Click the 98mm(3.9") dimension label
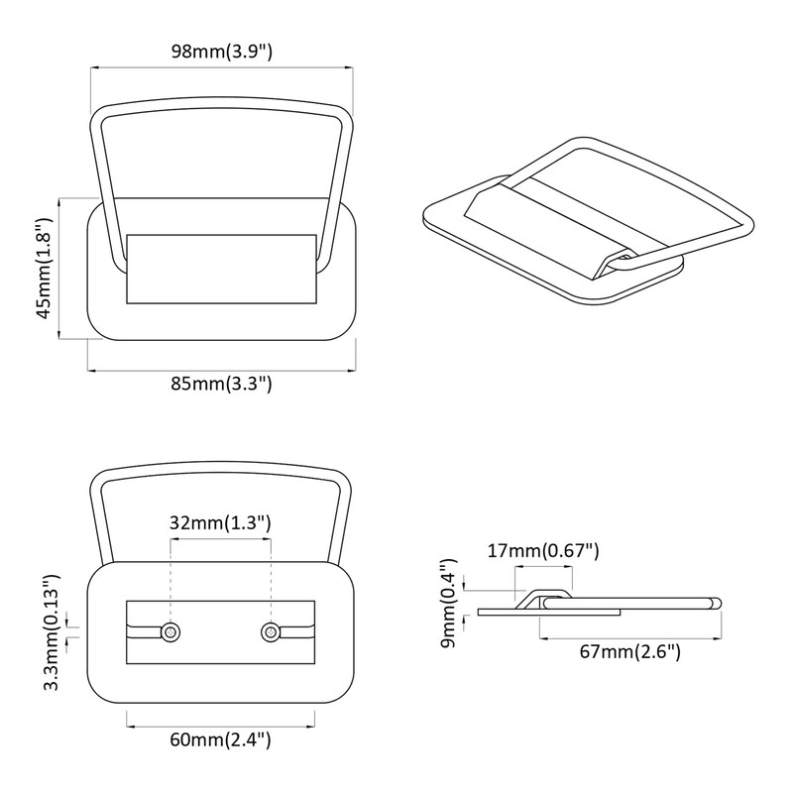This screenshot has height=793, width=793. [221, 52]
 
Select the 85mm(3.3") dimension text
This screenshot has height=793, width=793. [221, 384]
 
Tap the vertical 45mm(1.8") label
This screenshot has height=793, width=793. [45, 268]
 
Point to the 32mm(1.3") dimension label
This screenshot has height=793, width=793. [220, 522]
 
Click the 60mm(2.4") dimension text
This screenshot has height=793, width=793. [220, 739]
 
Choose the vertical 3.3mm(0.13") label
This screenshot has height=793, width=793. [52, 632]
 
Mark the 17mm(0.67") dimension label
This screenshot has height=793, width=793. [543, 550]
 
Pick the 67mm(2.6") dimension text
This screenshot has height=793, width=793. [630, 651]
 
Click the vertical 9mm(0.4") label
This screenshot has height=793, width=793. [449, 603]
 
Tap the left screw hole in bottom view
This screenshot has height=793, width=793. [170, 631]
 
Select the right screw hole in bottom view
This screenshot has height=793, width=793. [271, 631]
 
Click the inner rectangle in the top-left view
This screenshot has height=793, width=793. [221, 269]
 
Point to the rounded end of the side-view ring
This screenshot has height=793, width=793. [716, 603]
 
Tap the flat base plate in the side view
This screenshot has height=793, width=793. [549, 613]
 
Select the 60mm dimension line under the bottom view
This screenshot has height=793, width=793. [220, 727]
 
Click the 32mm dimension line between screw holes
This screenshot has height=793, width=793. [220, 539]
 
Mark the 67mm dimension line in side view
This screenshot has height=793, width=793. [630, 638]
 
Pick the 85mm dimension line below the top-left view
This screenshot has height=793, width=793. [221, 371]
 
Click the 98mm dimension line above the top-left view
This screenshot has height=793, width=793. [221, 67]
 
